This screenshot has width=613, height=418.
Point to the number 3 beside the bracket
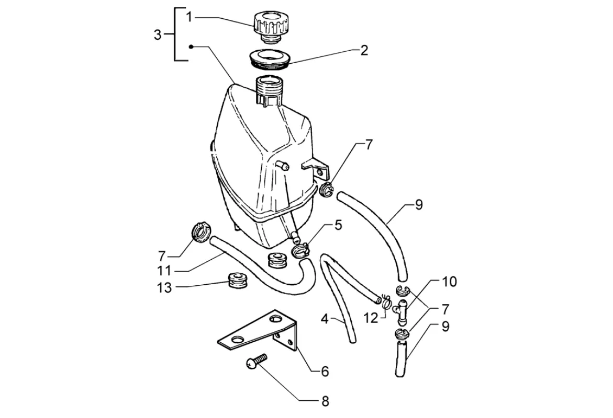(158, 35)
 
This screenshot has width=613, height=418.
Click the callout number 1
(189, 17)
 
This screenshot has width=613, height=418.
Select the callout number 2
(364, 50)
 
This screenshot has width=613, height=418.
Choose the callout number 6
(325, 371)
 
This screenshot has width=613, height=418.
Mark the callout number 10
(449, 282)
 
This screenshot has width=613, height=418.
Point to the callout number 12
(371, 317)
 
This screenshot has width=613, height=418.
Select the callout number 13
(164, 287)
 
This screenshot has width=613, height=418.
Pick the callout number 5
(338, 225)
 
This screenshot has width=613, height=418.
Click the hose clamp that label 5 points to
(301, 249)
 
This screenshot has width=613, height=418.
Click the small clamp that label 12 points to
(386, 301)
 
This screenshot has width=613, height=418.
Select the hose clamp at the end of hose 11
(199, 232)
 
